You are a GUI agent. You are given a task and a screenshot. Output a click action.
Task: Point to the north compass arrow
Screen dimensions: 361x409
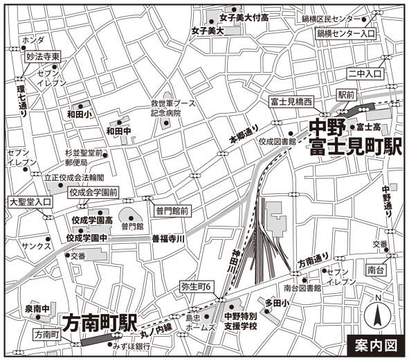(x=379, y=316)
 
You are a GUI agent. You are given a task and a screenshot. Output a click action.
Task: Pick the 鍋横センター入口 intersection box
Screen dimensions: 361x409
(x=345, y=33)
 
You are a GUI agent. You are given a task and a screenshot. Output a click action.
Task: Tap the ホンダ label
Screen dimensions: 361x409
(x=33, y=40)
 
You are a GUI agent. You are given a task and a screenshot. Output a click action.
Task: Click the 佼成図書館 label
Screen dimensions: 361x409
(x=277, y=141)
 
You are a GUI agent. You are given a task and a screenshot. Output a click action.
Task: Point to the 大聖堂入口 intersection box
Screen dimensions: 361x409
(x=30, y=202)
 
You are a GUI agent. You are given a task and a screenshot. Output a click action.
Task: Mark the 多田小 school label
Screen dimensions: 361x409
(x=276, y=303)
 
